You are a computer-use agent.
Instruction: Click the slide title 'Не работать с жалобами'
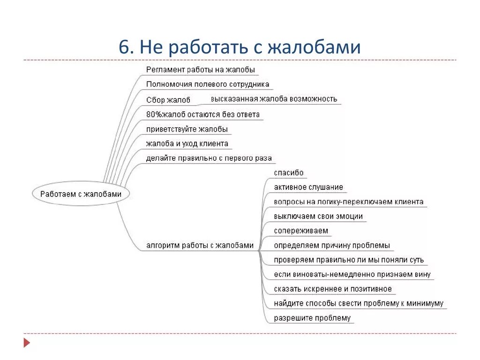pyautogui.click(x=240, y=48)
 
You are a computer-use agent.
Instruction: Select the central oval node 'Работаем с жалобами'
pyautogui.click(x=81, y=194)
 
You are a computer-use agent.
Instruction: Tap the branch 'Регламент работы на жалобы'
pyautogui.click(x=201, y=70)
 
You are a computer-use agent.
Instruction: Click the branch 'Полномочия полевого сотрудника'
pyautogui.click(x=208, y=84)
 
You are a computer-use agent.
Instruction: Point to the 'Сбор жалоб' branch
pyautogui.click(x=168, y=100)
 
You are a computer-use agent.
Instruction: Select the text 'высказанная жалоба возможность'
pyautogui.click(x=274, y=99)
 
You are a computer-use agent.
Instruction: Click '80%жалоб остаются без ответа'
pyautogui.click(x=203, y=114)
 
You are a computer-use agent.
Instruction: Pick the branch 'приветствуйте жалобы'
pyautogui.click(x=187, y=129)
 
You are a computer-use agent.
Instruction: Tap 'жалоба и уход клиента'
pyautogui.click(x=187, y=143)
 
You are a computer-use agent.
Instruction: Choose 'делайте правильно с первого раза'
pyautogui.click(x=209, y=158)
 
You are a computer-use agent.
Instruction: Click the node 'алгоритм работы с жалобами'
pyautogui.click(x=200, y=245)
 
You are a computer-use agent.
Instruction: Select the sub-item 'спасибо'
pyautogui.click(x=289, y=173)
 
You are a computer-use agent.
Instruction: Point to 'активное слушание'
pyautogui.click(x=308, y=187)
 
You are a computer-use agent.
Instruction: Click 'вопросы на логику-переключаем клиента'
pyautogui.click(x=349, y=202)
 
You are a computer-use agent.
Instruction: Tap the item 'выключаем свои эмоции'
pyautogui.click(x=318, y=217)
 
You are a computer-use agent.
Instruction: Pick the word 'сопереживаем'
pyautogui.click(x=301, y=231)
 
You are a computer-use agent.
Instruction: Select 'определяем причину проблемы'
pyautogui.click(x=332, y=246)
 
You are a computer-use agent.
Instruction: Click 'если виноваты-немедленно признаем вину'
pyautogui.click(x=352, y=275)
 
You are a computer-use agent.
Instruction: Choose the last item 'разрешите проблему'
pyautogui.click(x=312, y=318)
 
